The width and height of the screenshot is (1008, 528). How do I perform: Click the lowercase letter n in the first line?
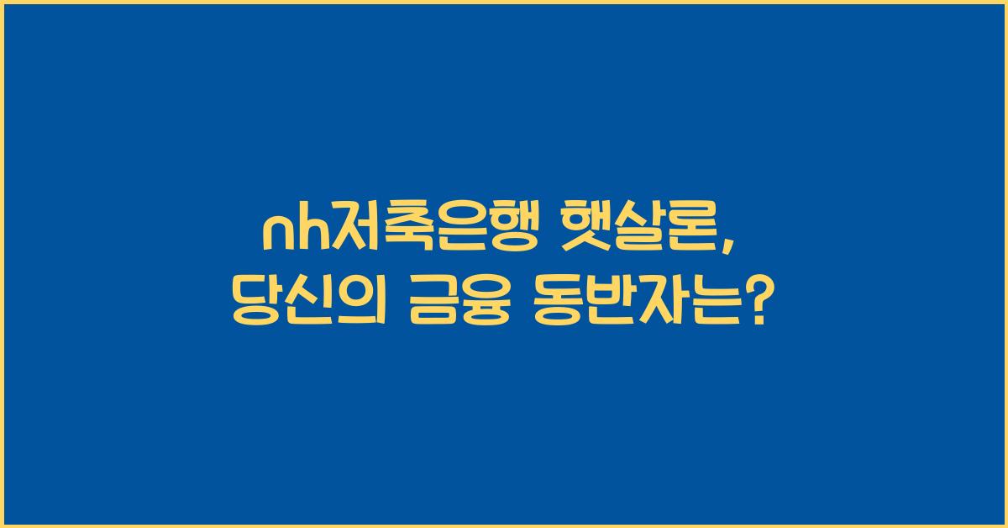click(x=274, y=231)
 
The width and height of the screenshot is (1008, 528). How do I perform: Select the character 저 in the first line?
click(x=346, y=230)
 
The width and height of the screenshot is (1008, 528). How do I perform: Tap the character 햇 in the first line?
click(x=576, y=230)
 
